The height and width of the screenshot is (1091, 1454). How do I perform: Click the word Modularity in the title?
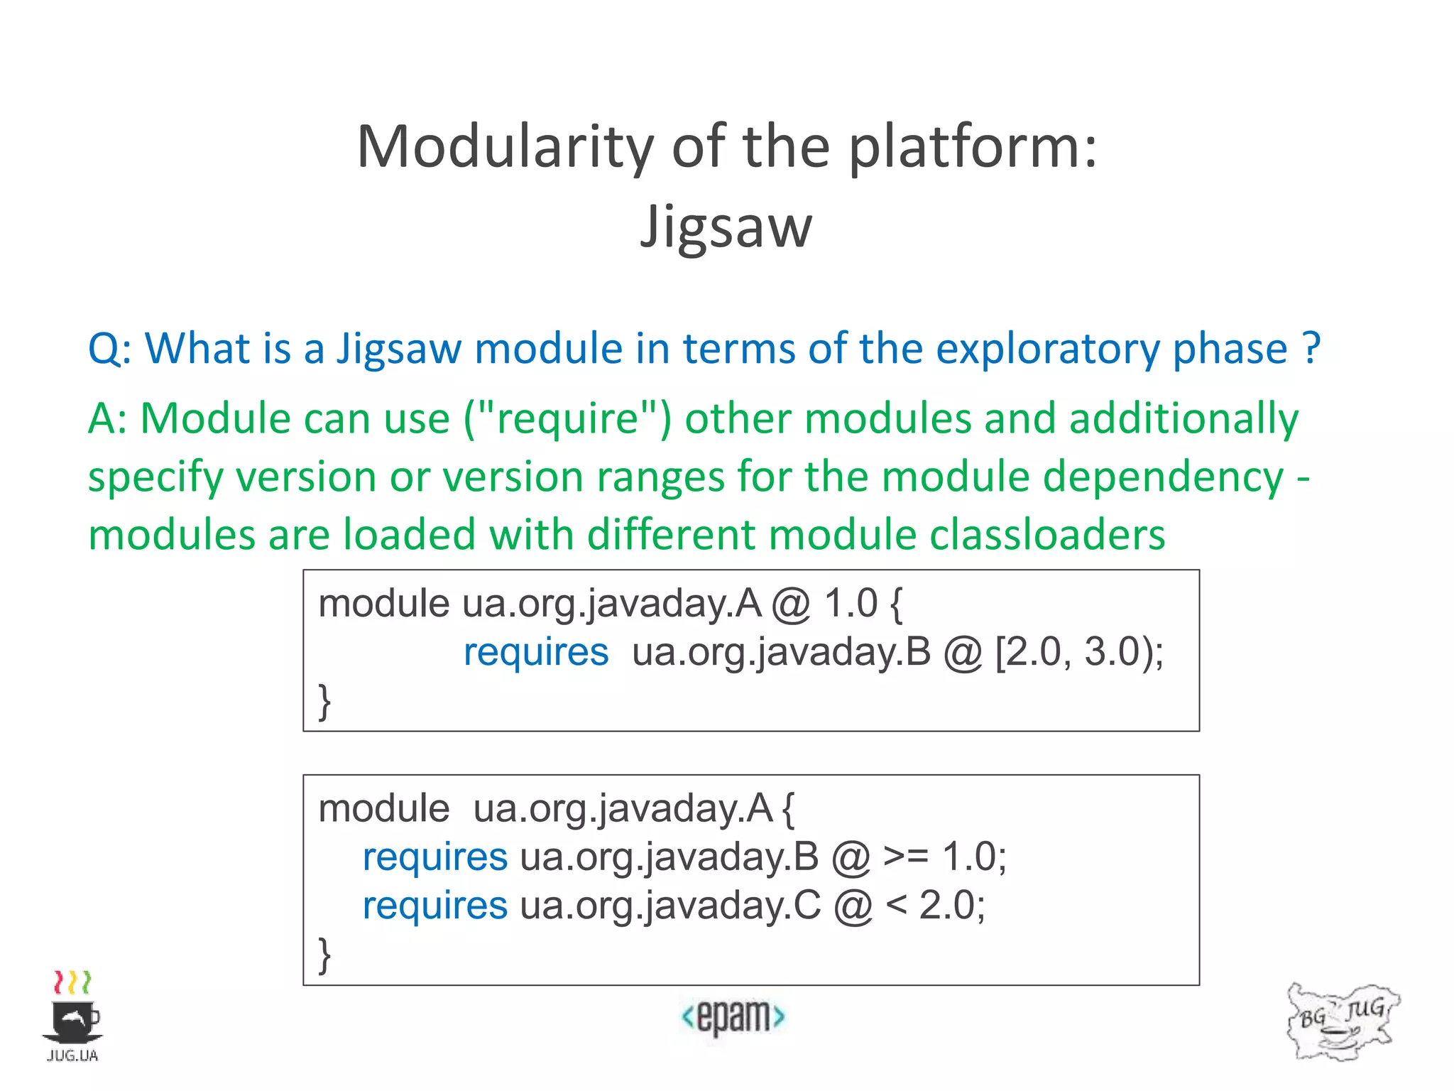(x=505, y=147)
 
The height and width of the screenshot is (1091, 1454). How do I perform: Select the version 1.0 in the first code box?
(x=851, y=604)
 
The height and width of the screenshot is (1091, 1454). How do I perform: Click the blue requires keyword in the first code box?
(x=536, y=652)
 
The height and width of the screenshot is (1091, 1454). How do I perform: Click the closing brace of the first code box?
(x=324, y=702)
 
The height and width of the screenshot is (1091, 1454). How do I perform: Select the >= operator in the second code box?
(x=906, y=857)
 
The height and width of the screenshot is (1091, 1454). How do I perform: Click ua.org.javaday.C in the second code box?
(x=670, y=906)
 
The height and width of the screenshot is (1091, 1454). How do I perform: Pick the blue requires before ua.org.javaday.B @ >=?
(x=434, y=857)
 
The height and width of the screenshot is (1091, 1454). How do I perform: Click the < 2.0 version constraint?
(x=935, y=906)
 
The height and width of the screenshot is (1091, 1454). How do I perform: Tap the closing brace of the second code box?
(x=324, y=955)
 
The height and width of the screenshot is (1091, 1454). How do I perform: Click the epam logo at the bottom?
(x=733, y=1016)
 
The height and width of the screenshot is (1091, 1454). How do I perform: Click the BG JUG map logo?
(x=1342, y=1021)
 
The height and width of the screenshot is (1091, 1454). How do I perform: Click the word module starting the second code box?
(x=383, y=808)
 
